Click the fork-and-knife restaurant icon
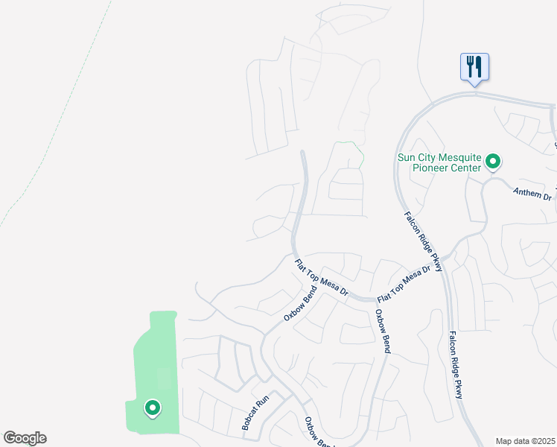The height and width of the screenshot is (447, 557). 474,67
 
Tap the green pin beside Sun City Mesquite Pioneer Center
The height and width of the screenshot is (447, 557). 492,161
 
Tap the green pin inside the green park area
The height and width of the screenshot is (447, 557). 152,408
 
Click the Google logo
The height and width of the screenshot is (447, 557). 25,438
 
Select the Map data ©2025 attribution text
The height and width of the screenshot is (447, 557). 525,441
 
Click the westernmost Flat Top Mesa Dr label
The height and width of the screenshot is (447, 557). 322,277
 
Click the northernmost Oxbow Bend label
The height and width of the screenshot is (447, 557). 296,305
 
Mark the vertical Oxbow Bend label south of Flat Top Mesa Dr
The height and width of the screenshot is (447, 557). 383,331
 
